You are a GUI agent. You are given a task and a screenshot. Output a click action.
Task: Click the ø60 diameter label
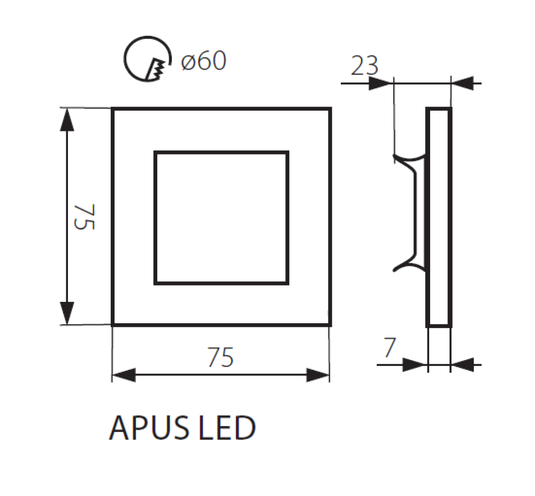(x=204, y=62)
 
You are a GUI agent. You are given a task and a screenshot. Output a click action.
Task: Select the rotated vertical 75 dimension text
(x=85, y=217)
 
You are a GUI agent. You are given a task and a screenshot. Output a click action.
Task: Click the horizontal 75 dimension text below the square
(x=220, y=357)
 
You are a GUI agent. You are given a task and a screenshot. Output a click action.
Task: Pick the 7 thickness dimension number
(x=390, y=348)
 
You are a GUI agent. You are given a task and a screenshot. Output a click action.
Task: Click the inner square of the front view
(x=221, y=218)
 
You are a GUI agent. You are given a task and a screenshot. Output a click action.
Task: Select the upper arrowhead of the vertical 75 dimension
(x=66, y=119)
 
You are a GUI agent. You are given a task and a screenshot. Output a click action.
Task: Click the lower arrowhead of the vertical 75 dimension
(x=66, y=313)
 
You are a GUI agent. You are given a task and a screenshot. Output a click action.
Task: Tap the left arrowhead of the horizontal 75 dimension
(x=123, y=375)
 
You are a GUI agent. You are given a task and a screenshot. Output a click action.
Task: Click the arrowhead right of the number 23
(x=381, y=83)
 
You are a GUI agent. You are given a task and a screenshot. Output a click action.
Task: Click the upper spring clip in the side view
(x=409, y=159)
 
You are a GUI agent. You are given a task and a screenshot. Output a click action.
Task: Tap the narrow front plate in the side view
(x=439, y=217)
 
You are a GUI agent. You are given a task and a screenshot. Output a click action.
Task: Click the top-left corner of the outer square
(x=113, y=109)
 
